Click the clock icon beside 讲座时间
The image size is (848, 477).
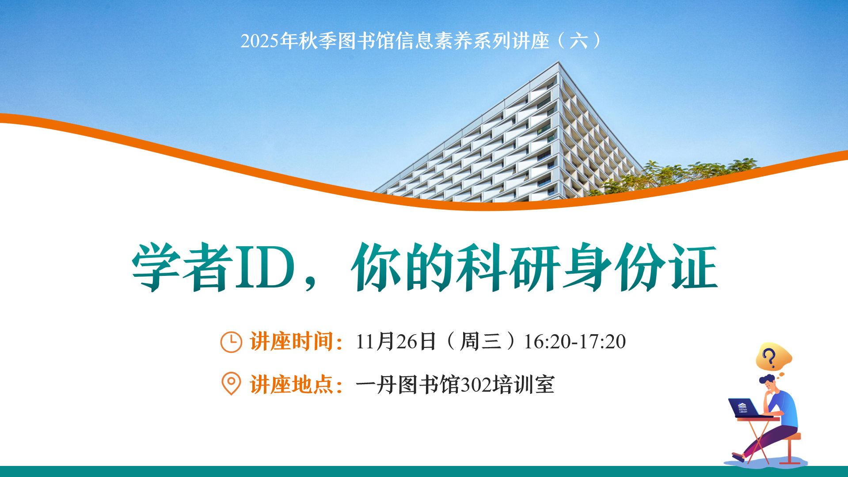point(231,342)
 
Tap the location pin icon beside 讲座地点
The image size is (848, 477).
point(231,383)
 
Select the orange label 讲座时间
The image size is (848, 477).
point(292,342)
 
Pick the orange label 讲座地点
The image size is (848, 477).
point(292,384)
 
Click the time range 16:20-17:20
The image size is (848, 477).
point(574,342)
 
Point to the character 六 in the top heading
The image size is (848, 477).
point(578,41)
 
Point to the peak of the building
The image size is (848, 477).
point(559,64)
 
